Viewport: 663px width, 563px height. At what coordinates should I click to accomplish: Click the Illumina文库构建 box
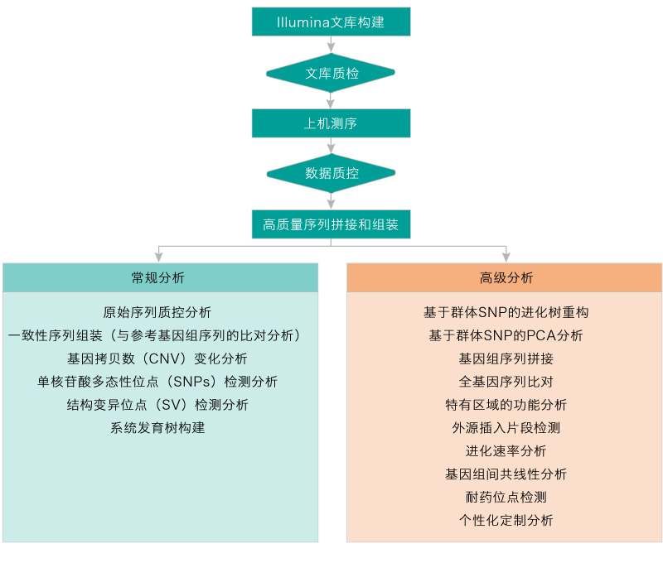click(331, 22)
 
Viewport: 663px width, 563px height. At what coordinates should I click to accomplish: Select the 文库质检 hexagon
click(331, 74)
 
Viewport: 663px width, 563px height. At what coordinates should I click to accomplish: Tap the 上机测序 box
click(331, 124)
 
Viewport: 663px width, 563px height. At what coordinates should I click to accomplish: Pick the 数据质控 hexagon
click(331, 174)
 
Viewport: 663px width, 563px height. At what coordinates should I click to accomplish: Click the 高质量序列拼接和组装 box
click(331, 224)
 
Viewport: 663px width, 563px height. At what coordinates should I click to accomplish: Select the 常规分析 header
click(160, 277)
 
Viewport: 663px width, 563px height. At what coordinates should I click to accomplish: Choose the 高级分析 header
click(504, 277)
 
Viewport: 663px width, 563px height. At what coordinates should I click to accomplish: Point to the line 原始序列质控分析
click(157, 312)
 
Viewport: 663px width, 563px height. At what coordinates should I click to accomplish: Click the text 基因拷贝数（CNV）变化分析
click(157, 358)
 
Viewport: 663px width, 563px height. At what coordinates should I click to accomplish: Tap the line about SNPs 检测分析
click(157, 382)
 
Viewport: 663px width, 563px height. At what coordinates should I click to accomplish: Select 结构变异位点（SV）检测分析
click(157, 405)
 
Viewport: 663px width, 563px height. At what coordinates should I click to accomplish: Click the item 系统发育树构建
click(157, 428)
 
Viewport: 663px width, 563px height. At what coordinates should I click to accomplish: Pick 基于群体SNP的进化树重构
click(506, 312)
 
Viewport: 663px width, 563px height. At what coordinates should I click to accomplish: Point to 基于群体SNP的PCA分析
click(506, 335)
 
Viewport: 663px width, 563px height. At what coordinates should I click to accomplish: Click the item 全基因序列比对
click(506, 382)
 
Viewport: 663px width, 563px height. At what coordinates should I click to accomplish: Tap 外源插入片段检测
click(506, 428)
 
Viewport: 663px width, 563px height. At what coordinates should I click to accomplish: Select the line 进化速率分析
click(506, 451)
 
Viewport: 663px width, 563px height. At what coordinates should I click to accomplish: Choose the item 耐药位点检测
click(506, 498)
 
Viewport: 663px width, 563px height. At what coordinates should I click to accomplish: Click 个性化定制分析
click(506, 521)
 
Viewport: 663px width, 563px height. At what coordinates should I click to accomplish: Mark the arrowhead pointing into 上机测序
click(331, 105)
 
